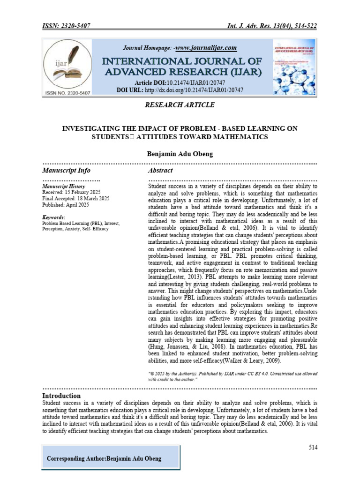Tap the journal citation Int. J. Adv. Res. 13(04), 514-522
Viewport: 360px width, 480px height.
[x=270, y=26]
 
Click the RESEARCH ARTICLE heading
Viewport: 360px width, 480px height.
[x=180, y=105]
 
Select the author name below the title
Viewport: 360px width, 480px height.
[x=180, y=154]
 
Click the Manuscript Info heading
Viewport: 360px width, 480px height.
[x=66, y=171]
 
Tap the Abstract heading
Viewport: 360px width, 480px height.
[x=160, y=171]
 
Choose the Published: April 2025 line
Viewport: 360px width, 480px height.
[x=65, y=205]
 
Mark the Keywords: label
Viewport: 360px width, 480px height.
[x=54, y=217]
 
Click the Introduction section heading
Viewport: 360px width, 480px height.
[x=61, y=396]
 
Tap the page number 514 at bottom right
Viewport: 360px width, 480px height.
[x=313, y=448]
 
